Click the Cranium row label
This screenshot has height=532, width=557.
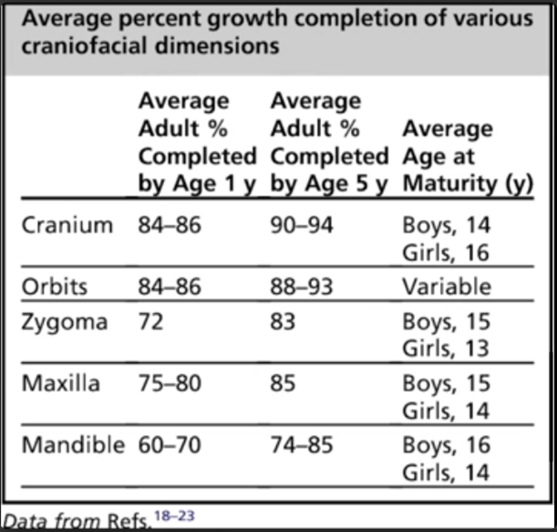67,225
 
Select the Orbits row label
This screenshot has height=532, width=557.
54,286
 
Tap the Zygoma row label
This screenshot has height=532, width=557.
64,322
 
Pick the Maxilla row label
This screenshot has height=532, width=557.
61,383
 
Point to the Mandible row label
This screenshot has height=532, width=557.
73,445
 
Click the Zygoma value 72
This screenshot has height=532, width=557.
151,322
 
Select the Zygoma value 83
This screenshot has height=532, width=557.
283,322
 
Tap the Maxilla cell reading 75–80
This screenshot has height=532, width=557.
170,383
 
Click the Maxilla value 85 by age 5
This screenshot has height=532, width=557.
283,383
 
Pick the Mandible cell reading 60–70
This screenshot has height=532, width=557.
170,445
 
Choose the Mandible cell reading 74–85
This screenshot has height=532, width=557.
302,445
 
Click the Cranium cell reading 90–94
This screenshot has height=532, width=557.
302,225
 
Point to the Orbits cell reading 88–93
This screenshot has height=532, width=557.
302,286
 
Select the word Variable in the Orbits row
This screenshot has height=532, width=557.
447,286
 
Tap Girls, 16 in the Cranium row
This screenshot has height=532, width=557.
446,253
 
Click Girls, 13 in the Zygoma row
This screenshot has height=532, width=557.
446,349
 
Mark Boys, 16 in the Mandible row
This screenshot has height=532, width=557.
446,445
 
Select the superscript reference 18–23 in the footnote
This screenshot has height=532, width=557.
174,516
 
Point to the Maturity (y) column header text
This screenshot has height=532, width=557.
468,184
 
